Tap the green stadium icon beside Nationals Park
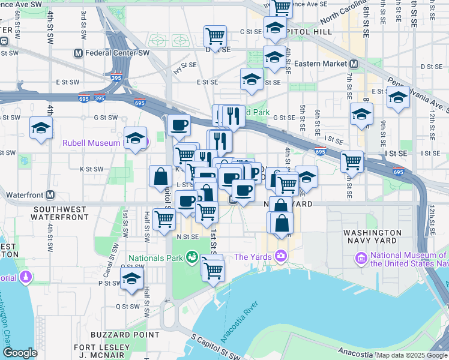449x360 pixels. [x=191, y=257]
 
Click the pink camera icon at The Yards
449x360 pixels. [x=280, y=257]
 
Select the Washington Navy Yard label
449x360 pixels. [x=372, y=236]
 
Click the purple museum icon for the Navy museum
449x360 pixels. [x=361, y=259]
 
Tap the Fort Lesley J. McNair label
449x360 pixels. [x=102, y=351]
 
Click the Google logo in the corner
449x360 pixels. [x=20, y=353]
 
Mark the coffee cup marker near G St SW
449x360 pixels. [x=179, y=125]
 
